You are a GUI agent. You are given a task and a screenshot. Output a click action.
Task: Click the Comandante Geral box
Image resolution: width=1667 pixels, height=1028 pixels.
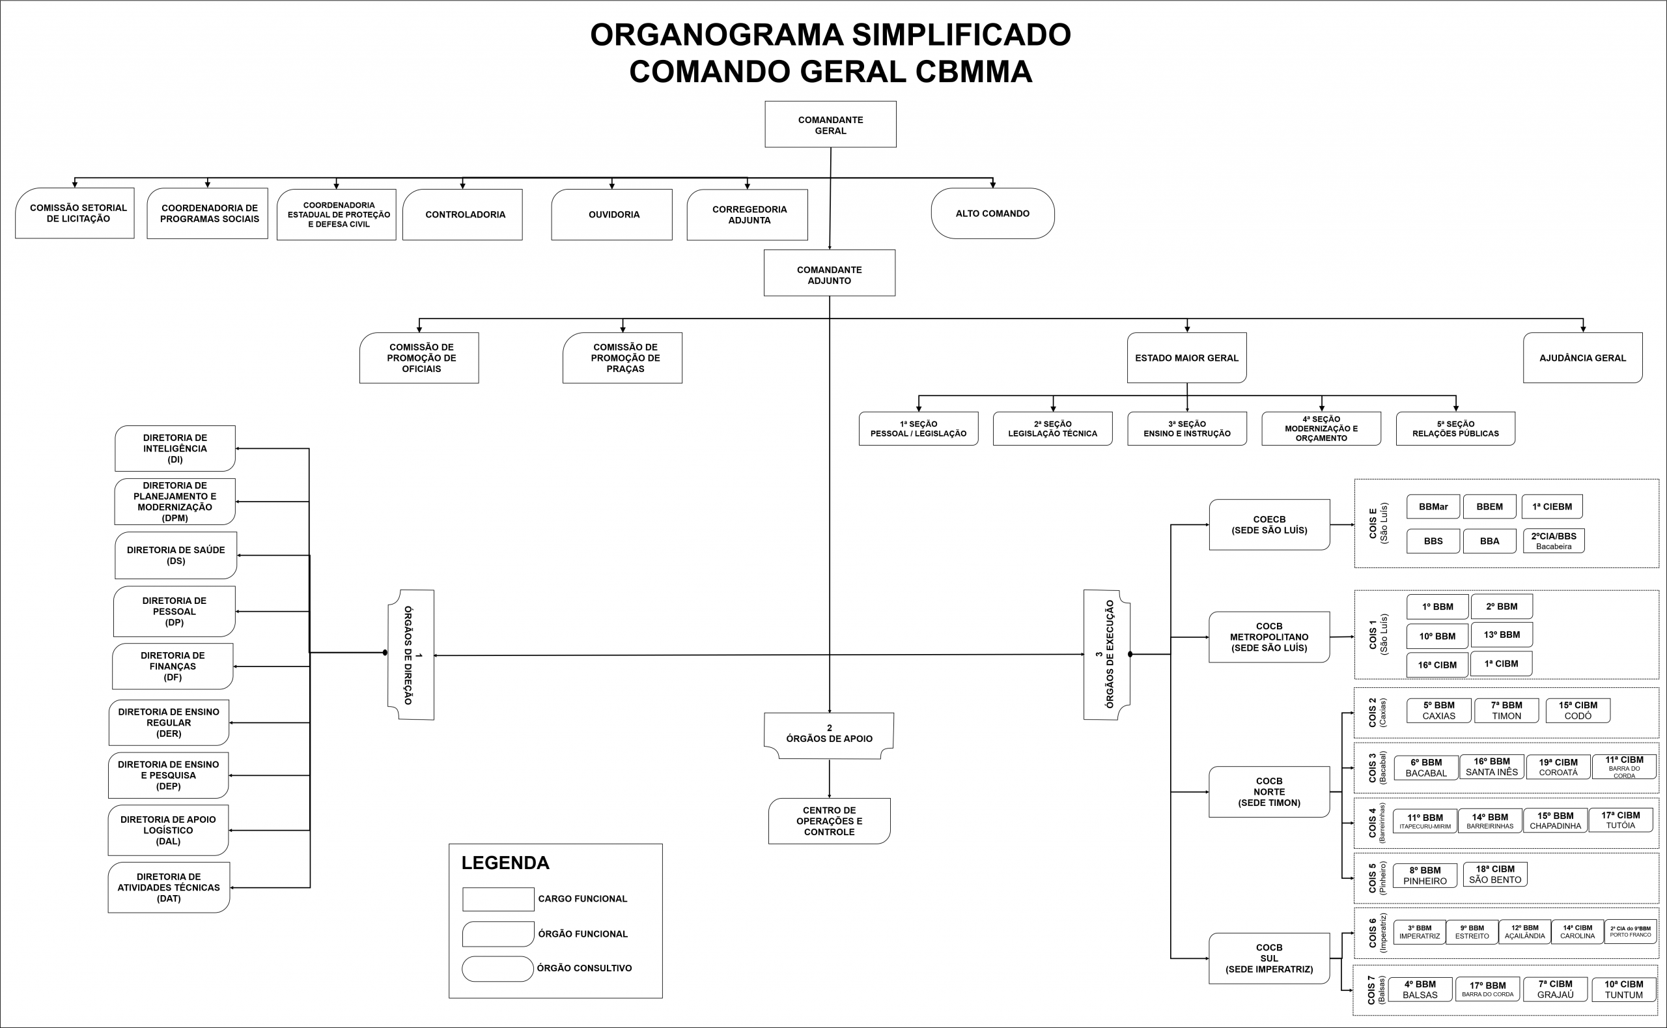(830, 124)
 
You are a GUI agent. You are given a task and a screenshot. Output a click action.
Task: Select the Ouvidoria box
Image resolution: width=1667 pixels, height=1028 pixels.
(611, 214)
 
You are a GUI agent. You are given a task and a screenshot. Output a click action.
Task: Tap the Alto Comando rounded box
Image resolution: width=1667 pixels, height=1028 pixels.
(992, 214)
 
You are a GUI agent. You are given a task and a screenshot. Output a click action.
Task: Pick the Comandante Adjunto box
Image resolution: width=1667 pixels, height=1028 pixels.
(829, 274)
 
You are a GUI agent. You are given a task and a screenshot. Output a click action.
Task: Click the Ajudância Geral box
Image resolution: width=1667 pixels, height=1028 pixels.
(1582, 358)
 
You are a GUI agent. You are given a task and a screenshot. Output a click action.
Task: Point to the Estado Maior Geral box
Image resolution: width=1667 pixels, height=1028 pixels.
(1186, 358)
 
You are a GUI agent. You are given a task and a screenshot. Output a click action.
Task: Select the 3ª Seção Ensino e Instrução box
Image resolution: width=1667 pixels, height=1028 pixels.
(1186, 429)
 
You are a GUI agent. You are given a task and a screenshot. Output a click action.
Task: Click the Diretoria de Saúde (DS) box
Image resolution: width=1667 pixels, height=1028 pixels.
(175, 556)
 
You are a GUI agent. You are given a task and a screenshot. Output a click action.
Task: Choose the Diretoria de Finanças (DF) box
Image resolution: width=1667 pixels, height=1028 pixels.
(173, 666)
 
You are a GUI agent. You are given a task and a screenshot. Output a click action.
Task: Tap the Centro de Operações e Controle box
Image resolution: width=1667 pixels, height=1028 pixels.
(829, 821)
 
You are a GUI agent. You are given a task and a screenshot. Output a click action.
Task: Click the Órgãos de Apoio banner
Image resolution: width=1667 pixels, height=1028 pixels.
(829, 735)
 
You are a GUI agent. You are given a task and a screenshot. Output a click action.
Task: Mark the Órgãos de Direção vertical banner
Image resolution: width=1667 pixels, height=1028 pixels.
(411, 655)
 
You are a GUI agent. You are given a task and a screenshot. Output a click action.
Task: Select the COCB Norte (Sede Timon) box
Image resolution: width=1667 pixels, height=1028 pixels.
(1268, 792)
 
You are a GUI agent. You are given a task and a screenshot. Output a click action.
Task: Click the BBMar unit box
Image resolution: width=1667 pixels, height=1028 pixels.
(1433, 507)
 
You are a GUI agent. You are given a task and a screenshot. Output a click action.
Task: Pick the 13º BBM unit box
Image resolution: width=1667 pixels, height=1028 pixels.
(1501, 635)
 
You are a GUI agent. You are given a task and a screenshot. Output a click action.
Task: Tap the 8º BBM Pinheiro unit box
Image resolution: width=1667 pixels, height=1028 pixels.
(1424, 876)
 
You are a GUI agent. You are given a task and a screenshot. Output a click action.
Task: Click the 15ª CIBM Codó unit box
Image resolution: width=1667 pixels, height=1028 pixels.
(1577, 711)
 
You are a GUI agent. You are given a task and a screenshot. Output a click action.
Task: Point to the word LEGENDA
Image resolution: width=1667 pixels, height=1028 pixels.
(505, 863)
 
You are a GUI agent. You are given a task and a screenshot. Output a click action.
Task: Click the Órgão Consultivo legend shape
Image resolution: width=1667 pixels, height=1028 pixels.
(497, 969)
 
